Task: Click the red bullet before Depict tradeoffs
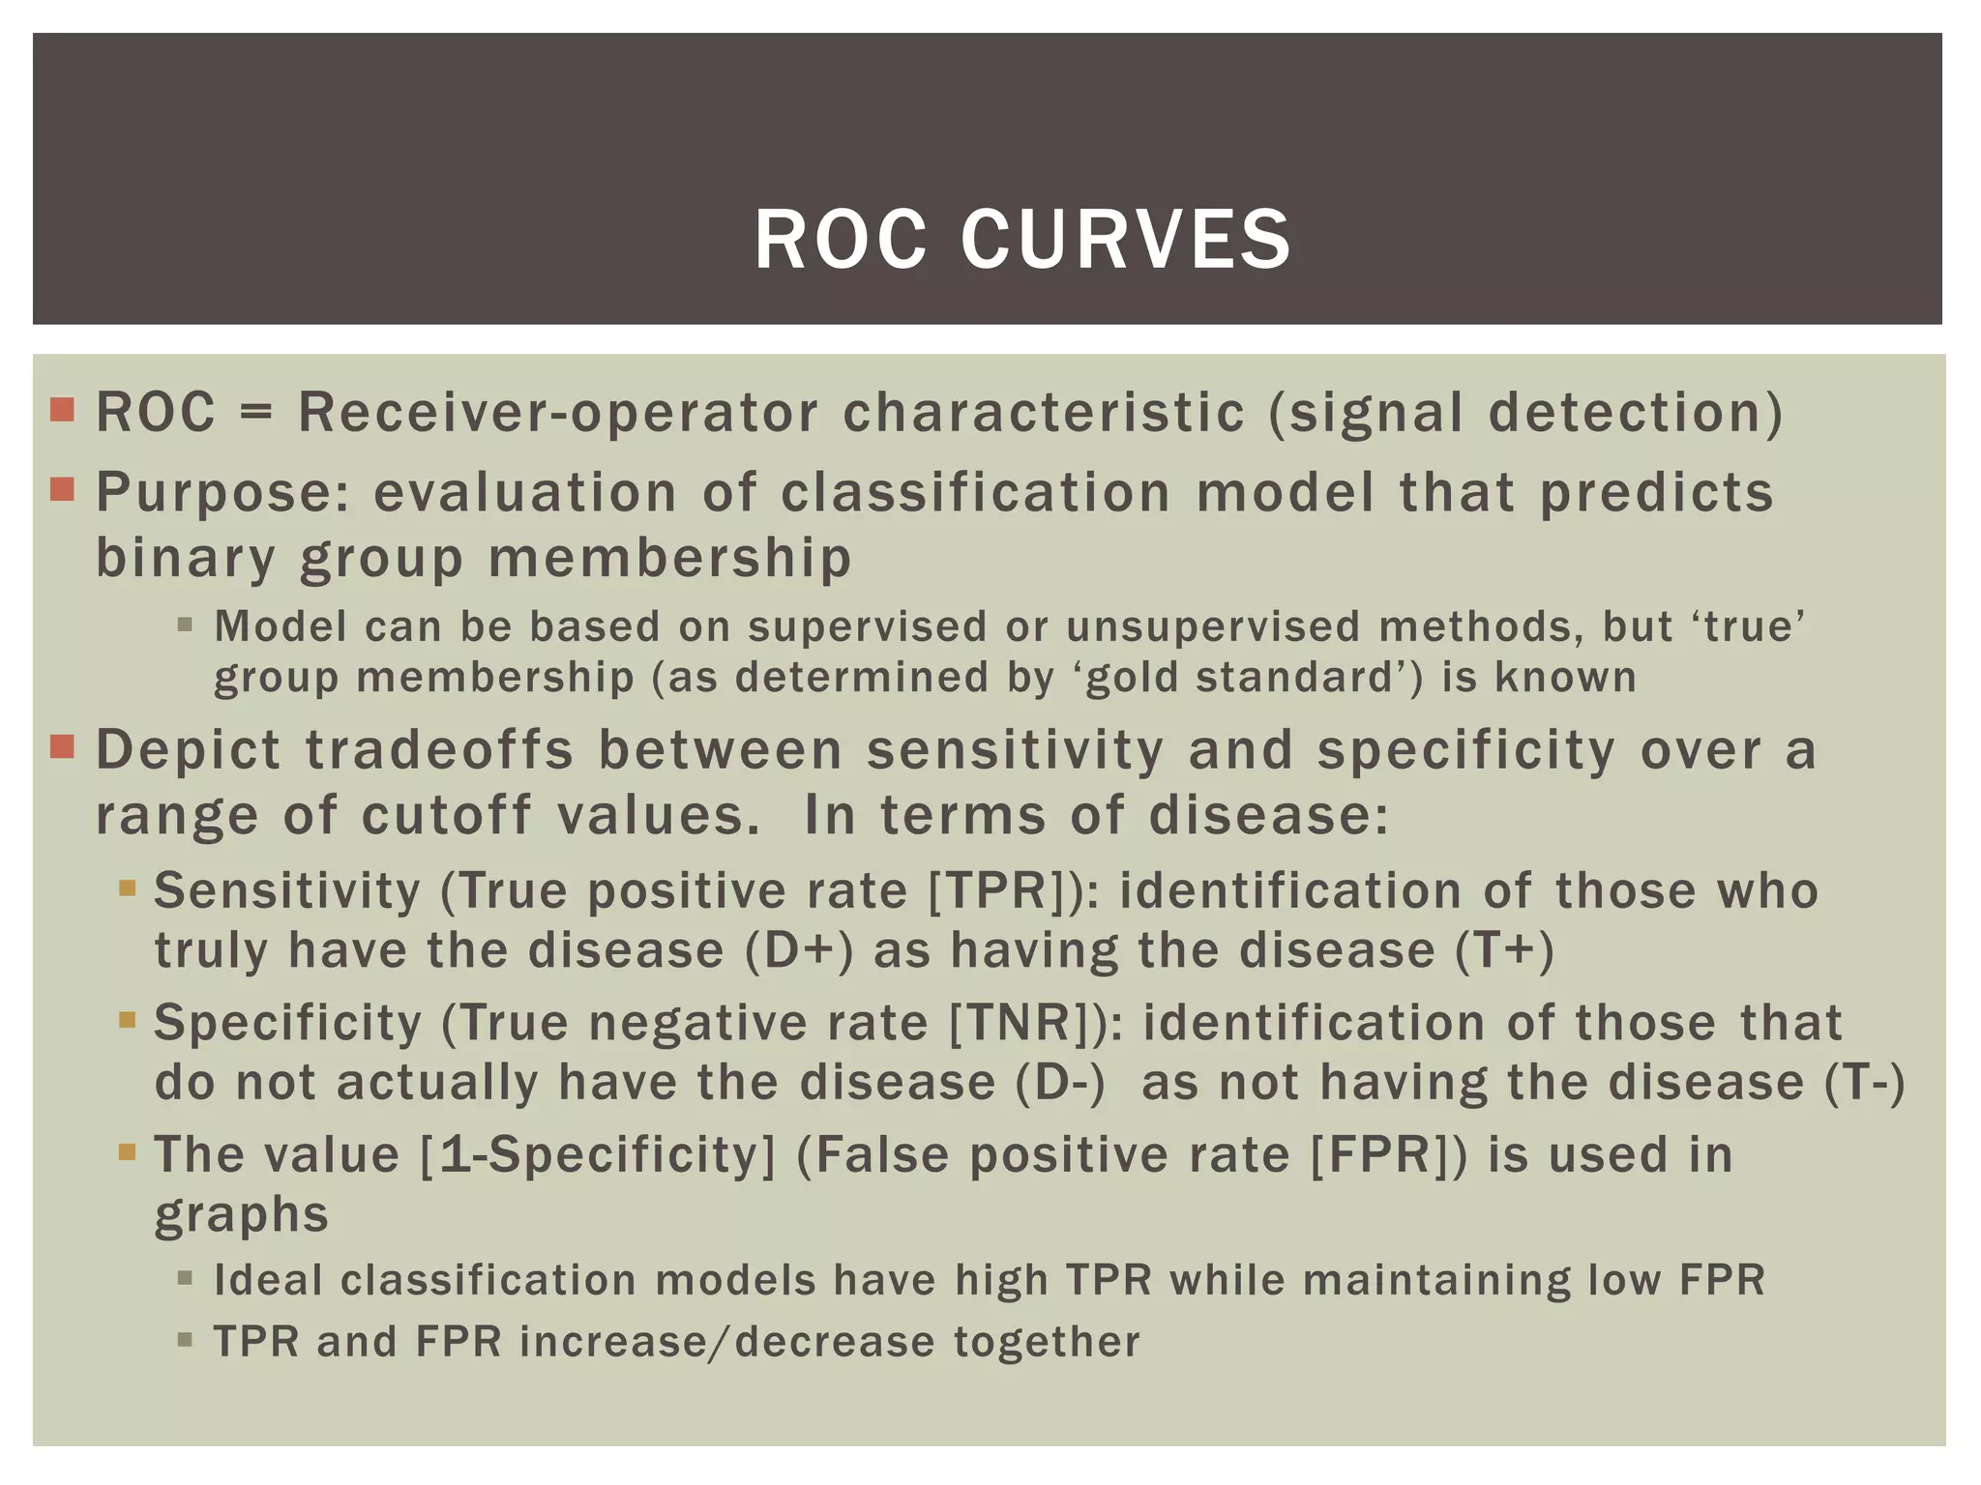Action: point(62,747)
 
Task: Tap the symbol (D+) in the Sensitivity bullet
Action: point(800,950)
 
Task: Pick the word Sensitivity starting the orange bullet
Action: point(287,890)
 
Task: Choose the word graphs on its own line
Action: point(242,1215)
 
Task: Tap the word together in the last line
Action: point(1047,1342)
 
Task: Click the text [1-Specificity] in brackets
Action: point(598,1154)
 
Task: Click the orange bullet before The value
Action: point(128,1152)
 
